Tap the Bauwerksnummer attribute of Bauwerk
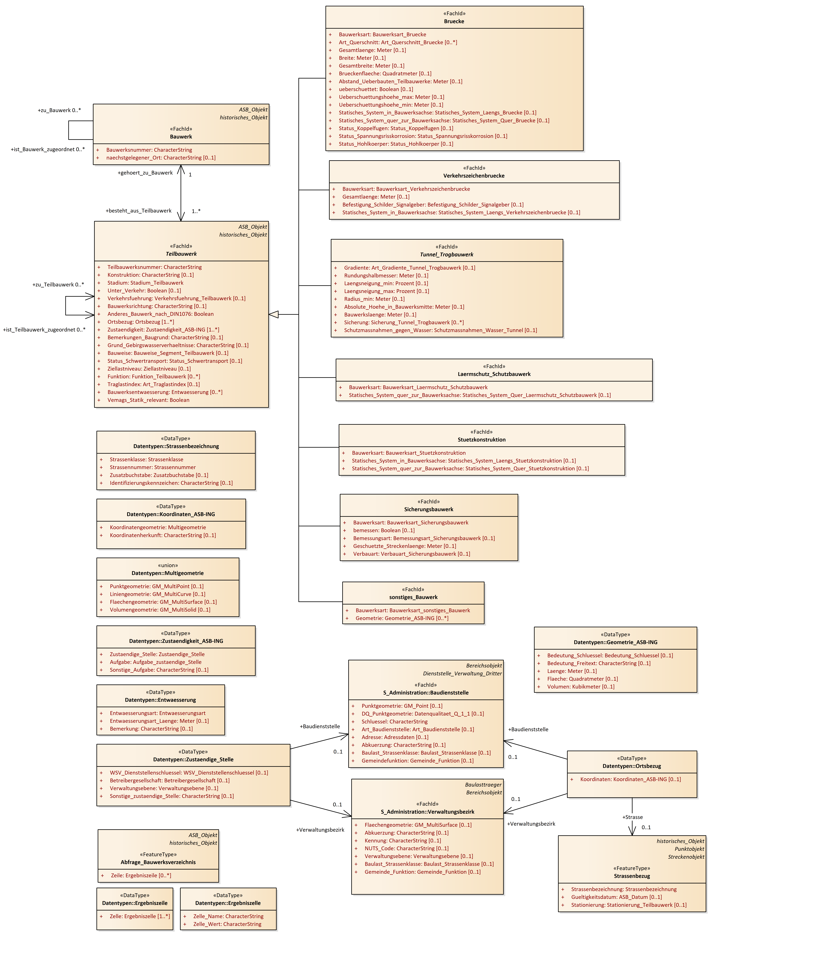point(149,150)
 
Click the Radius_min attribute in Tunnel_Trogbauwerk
point(374,299)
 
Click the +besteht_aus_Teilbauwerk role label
point(138,210)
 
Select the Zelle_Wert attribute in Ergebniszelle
point(227,924)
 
